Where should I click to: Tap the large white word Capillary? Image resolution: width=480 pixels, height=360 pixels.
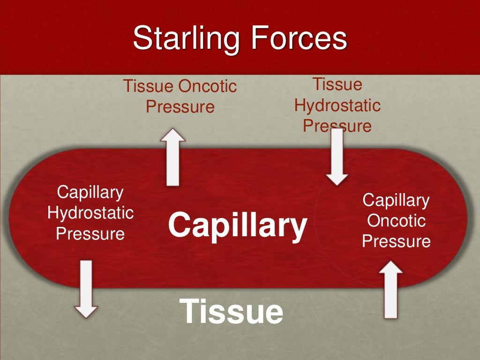coord(238,225)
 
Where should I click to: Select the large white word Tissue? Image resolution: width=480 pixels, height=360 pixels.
coord(231,311)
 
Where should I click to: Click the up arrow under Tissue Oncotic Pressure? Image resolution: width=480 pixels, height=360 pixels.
coord(172,157)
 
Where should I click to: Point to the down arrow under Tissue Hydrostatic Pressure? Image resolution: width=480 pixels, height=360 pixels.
coord(337,157)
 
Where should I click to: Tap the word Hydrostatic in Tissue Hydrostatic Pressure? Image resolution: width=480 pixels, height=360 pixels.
coord(337,105)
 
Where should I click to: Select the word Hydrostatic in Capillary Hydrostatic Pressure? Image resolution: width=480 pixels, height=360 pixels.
coord(90,213)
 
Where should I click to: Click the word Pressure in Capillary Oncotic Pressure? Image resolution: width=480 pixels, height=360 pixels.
coord(396,241)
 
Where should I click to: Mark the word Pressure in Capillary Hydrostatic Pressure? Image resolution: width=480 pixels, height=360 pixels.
coord(90,233)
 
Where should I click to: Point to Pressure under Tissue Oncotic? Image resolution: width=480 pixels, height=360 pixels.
coord(180,107)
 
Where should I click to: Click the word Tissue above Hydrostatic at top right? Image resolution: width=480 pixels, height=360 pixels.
coord(337,85)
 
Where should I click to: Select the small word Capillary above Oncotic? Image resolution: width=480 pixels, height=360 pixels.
coord(396,200)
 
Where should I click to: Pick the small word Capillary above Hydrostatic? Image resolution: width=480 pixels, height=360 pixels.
coord(90,192)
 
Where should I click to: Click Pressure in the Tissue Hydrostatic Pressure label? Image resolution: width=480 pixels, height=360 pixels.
coord(337,126)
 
